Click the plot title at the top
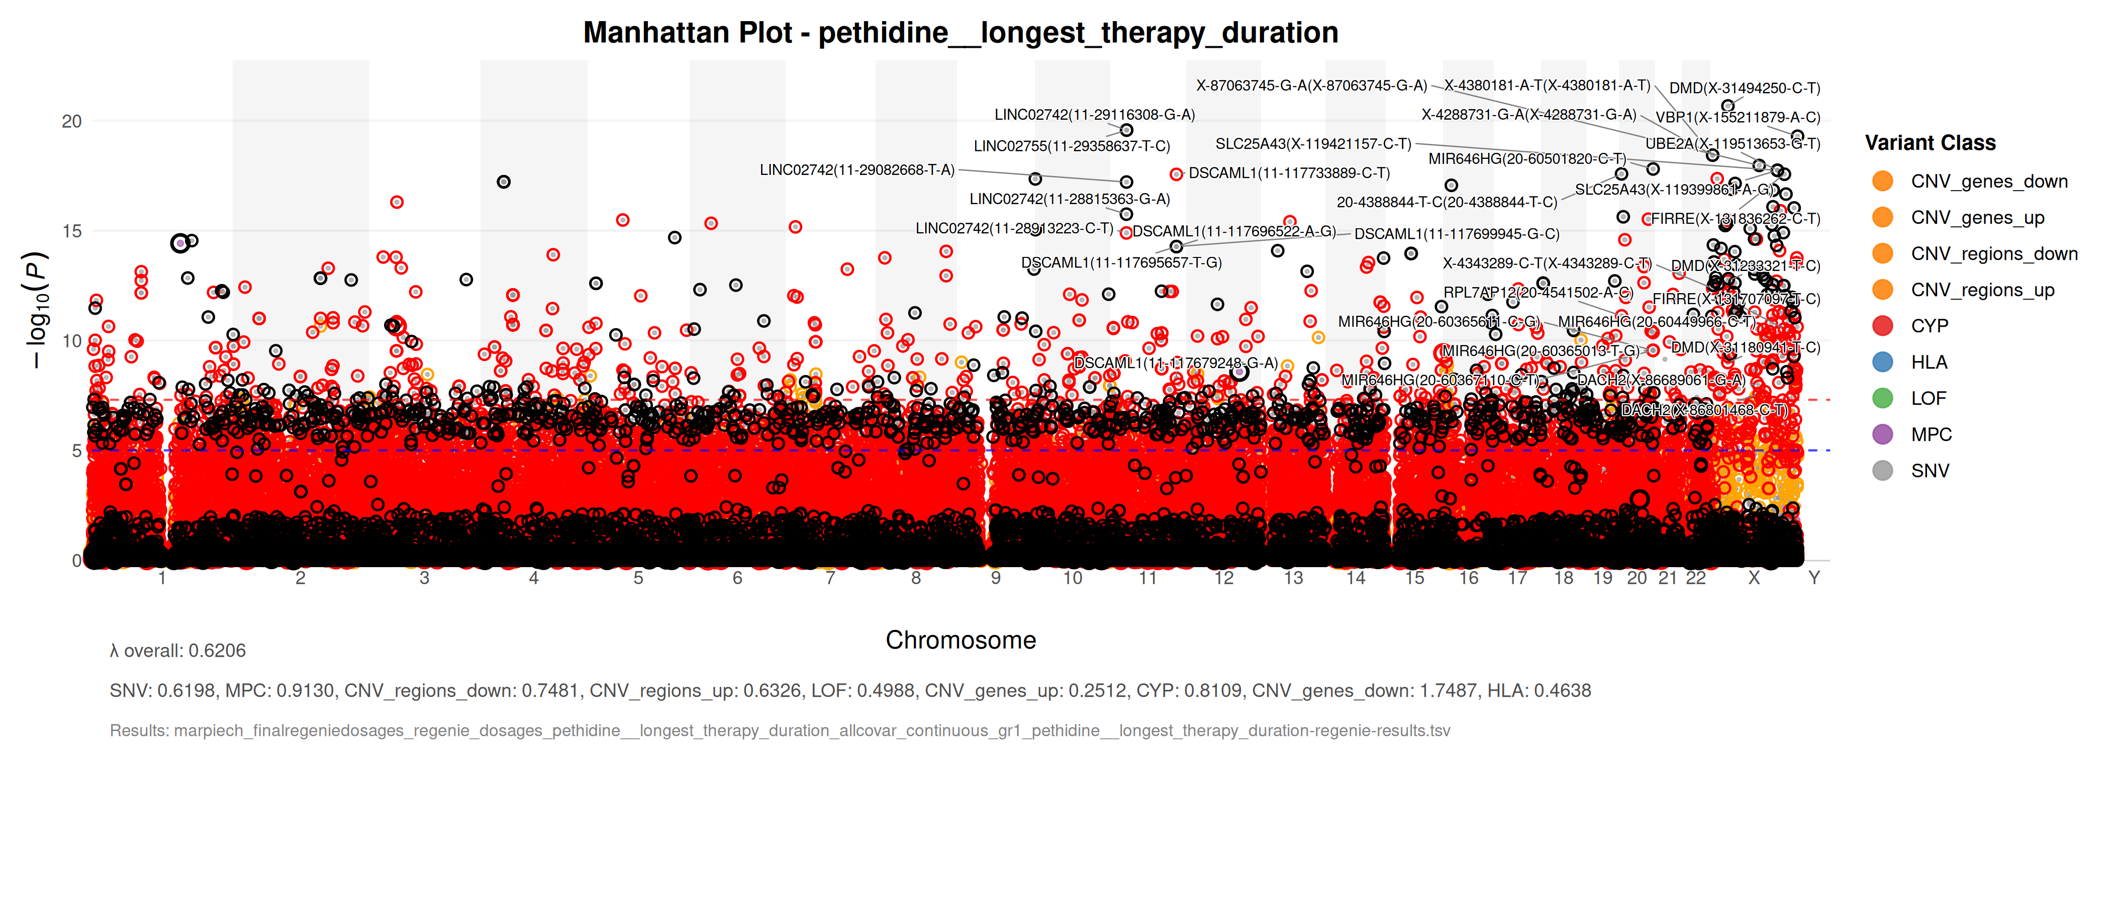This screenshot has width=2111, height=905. [x=961, y=33]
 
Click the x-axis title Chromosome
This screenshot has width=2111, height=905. [x=961, y=640]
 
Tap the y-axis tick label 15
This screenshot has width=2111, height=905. [x=72, y=232]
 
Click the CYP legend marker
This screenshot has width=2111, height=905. [x=1882, y=326]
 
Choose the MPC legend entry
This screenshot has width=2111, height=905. [x=1931, y=434]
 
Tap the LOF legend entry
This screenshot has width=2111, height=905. [x=1928, y=398]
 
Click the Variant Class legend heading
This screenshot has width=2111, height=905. [x=1930, y=143]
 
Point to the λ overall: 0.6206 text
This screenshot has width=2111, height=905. [x=178, y=651]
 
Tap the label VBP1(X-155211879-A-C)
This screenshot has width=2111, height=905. [x=1738, y=117]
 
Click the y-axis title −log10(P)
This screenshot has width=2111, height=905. [x=37, y=310]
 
